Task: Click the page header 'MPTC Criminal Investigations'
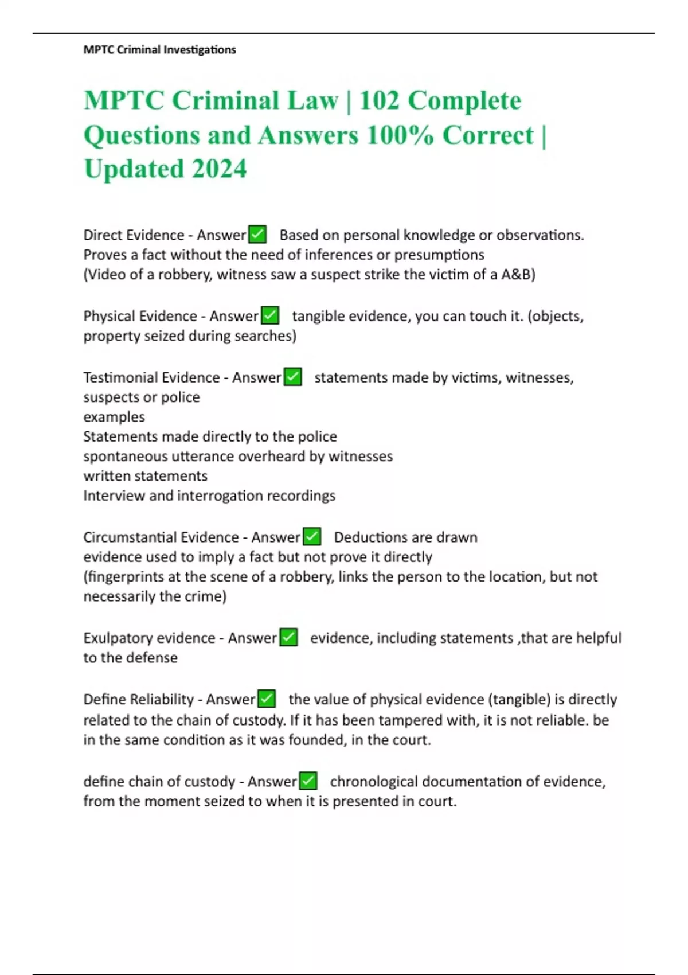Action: (x=159, y=50)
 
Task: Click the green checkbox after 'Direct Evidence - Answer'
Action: (x=257, y=235)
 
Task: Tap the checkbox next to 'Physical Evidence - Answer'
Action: (x=270, y=315)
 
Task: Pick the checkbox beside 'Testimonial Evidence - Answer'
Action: (x=292, y=377)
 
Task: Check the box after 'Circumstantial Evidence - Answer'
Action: (x=312, y=537)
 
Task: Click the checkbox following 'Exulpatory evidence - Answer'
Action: (x=288, y=638)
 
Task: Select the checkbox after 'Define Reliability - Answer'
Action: (x=267, y=699)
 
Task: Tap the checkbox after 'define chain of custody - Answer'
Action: (x=308, y=781)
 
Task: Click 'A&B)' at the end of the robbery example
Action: (x=518, y=274)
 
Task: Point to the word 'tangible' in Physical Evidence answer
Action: (x=318, y=316)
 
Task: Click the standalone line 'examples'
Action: (x=114, y=417)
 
